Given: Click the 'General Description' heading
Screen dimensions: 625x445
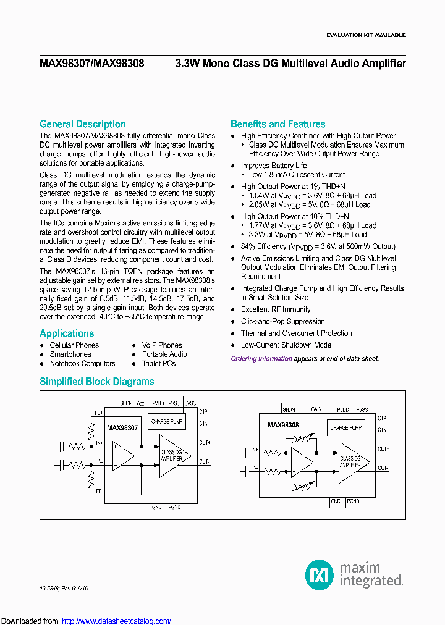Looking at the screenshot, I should click(82, 124).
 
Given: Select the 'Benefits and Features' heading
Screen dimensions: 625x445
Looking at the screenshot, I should click(278, 124).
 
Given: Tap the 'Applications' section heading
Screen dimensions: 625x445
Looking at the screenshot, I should click(67, 333).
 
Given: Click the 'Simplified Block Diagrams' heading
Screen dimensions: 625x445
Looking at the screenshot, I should click(96, 382).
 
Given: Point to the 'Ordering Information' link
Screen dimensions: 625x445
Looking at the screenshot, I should click(261, 359).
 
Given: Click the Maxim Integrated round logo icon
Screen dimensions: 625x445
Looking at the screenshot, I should click(319, 574).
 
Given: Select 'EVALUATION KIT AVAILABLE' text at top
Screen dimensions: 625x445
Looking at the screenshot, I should click(366, 35).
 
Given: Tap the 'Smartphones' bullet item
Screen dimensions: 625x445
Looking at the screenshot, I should click(70, 354).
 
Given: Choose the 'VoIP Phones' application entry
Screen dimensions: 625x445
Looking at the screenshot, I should click(162, 345).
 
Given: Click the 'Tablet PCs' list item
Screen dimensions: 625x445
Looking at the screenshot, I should click(159, 364).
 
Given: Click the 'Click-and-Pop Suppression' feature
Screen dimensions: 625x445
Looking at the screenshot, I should click(282, 321).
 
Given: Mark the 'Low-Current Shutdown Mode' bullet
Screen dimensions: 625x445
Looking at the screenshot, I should click(286, 345).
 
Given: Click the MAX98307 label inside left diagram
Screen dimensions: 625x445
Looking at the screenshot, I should click(122, 427).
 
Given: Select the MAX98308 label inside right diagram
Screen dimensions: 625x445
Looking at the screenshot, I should click(283, 426).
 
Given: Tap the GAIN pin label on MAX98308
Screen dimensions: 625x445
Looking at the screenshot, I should click(316, 409).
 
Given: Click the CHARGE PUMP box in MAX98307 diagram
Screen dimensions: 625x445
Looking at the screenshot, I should click(167, 422).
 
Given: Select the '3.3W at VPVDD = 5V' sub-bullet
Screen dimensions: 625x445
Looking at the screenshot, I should click(308, 235).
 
